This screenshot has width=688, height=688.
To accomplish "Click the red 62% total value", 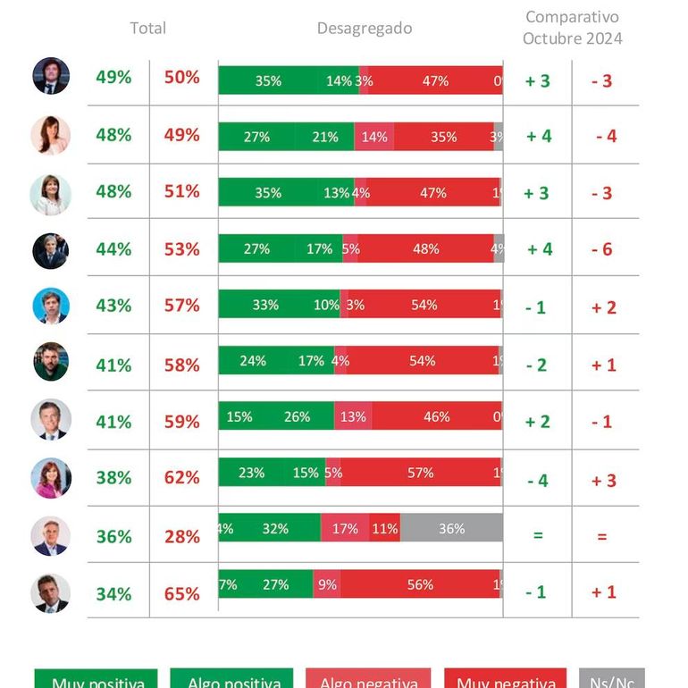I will [181, 478].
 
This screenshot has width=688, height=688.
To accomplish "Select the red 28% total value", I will [181, 536].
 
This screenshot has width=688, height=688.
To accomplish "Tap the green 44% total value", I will [113, 249].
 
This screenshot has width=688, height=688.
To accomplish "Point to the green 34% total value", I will [113, 594].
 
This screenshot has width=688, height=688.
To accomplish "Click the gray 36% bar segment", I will [451, 528].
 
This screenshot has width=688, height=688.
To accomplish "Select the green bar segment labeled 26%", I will [297, 416].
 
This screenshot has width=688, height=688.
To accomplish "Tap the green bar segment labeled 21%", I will [324, 137].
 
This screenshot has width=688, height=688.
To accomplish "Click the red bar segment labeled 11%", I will [385, 528].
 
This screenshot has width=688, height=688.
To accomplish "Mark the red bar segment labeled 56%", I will [419, 584].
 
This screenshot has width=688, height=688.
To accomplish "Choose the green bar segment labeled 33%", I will [265, 305].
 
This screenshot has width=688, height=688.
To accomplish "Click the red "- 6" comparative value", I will [601, 249].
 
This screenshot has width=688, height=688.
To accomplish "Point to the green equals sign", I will [538, 536].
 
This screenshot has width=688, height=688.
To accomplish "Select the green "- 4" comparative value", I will [537, 481].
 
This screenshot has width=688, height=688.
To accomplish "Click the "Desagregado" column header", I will [365, 29].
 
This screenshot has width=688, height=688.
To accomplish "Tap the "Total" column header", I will [147, 29].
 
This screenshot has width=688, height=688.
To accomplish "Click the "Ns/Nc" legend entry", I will [611, 682].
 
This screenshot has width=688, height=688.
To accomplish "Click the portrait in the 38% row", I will [51, 478].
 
